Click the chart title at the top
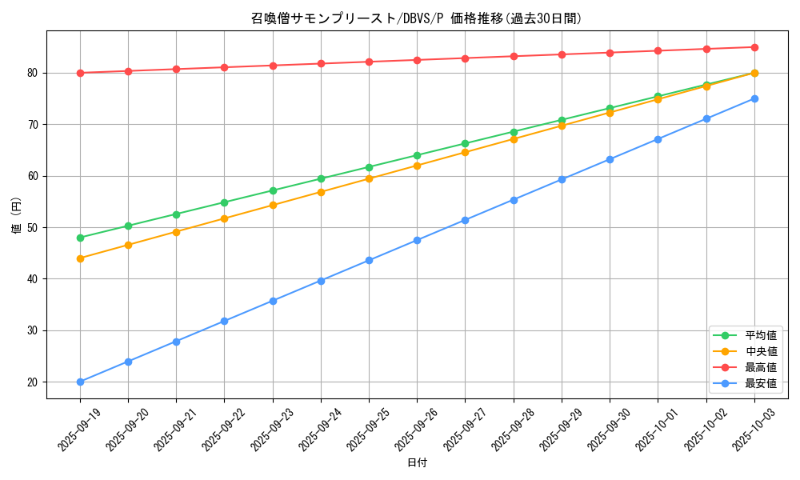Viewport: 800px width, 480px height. [x=417, y=18]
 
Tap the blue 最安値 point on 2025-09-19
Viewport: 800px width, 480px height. [x=80, y=382]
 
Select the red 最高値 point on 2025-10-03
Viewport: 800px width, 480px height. [x=754, y=47]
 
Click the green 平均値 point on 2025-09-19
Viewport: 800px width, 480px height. [x=80, y=238]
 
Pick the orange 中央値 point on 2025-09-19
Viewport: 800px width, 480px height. [x=80, y=258]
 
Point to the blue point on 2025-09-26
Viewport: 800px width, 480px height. [x=417, y=240]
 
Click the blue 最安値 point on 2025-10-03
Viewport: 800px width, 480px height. [x=754, y=98]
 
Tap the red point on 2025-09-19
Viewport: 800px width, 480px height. [x=80, y=73]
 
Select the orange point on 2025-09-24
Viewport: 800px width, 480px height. [x=321, y=192]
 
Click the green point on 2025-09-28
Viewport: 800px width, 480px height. [x=514, y=132]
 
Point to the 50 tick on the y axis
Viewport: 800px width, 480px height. [x=34, y=227]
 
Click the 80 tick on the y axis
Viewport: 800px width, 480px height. [x=34, y=73]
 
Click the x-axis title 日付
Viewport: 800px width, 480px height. [x=417, y=463]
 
